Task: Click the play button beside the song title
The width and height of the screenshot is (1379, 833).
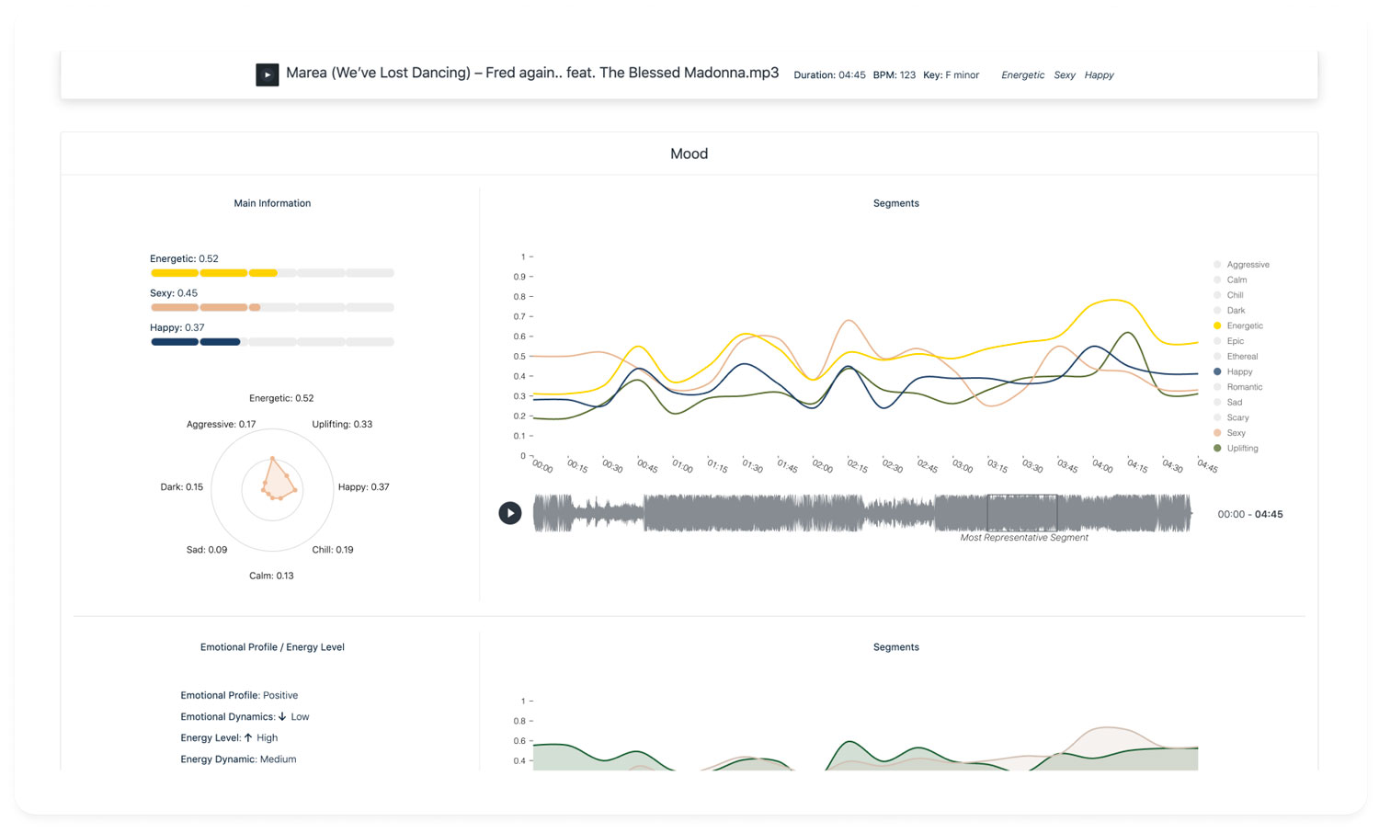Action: (267, 74)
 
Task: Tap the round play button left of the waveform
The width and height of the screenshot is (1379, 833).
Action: (510, 513)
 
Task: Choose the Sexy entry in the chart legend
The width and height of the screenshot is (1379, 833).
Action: (1236, 433)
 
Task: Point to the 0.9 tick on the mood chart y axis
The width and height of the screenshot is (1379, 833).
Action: (519, 277)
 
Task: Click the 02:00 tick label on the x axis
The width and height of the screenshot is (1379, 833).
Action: (822, 467)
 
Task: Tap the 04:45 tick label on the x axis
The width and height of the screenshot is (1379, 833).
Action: (1206, 467)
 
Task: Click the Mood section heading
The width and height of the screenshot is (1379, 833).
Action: (689, 154)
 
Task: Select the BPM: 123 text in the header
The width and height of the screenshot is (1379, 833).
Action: (894, 75)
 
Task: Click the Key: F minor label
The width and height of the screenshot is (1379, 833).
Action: (951, 75)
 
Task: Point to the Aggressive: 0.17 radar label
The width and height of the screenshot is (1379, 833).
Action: (221, 425)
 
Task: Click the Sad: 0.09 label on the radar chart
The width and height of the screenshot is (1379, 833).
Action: (207, 550)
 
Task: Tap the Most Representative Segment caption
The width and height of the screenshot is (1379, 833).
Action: (1023, 538)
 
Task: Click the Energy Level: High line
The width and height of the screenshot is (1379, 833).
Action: (229, 738)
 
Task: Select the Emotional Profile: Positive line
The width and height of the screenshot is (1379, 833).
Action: (239, 696)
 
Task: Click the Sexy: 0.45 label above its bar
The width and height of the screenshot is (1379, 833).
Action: (174, 293)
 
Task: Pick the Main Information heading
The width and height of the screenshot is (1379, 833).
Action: (272, 203)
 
